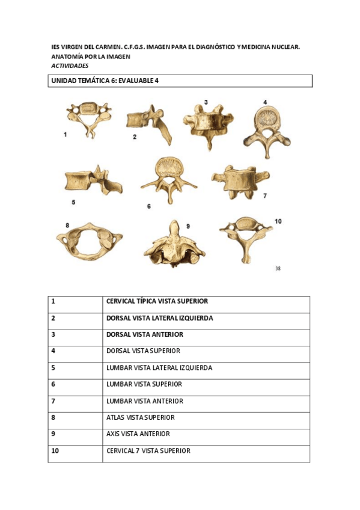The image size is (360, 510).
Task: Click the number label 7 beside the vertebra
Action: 264,195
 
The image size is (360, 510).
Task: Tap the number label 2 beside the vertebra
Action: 135,137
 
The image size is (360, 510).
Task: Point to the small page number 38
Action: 278,269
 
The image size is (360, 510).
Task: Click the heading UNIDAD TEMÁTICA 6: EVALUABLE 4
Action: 108,81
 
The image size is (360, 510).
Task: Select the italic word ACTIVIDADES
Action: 70,66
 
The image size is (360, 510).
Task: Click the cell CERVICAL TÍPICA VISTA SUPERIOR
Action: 157,301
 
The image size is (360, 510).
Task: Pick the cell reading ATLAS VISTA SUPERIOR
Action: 140,417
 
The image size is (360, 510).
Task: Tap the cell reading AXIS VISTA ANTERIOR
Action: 138,434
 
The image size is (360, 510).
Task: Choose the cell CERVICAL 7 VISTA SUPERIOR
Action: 148,450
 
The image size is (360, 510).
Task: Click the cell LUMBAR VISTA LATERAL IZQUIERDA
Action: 159,367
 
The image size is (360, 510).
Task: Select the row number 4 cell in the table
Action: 53,351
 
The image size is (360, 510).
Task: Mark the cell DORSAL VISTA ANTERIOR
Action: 144,334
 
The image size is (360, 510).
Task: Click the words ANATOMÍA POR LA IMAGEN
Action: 91,56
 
